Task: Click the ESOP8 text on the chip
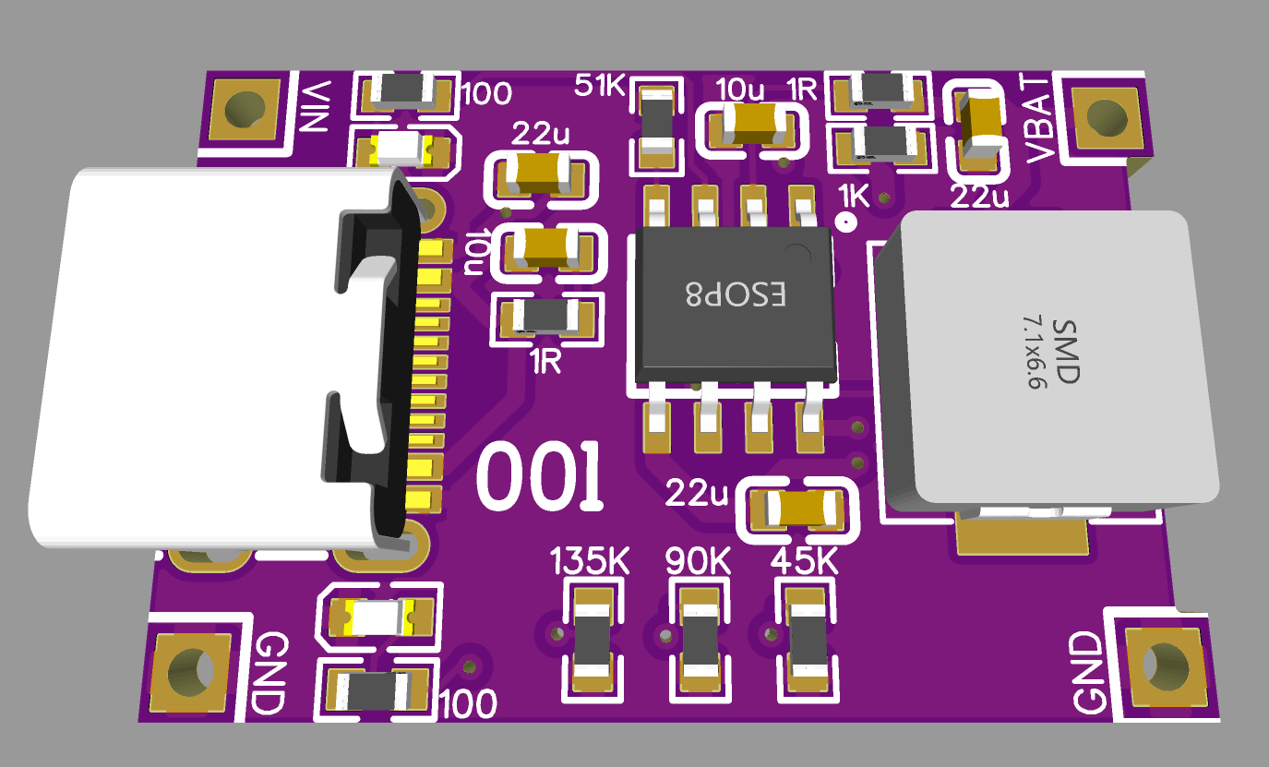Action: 736,294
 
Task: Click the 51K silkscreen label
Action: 599,86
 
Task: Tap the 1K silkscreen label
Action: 854,195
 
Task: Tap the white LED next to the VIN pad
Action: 403,146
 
